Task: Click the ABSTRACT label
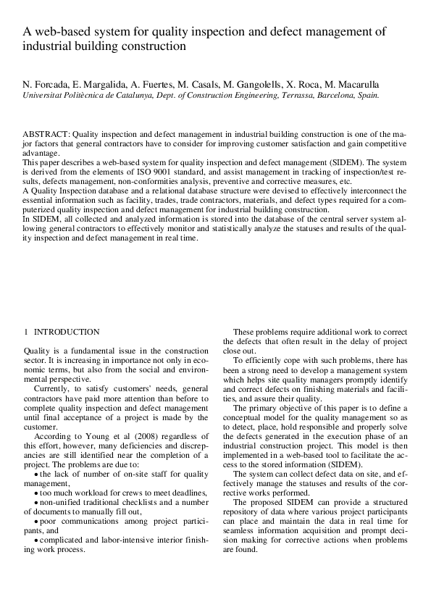click(46, 135)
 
